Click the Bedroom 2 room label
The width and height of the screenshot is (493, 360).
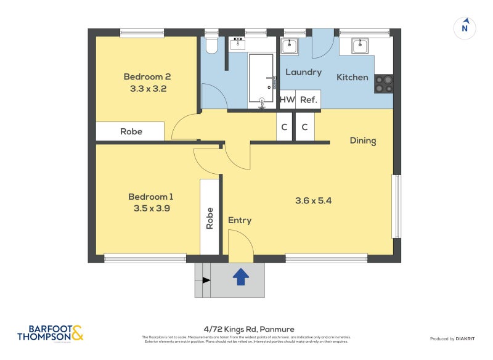147,77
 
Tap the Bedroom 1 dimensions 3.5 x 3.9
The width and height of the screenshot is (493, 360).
151,208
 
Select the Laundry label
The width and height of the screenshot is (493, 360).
303,72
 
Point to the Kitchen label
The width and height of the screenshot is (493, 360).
352,78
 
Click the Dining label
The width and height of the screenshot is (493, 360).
362,141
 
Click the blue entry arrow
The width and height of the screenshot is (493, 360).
240,277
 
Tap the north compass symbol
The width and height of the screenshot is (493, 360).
465,28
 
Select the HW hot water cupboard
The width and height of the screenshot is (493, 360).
287,100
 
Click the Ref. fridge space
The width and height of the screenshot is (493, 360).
308,100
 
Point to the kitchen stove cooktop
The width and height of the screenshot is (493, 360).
383,83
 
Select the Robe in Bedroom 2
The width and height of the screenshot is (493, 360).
131,131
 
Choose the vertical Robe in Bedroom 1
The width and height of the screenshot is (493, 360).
210,217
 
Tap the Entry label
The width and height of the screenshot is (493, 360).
240,220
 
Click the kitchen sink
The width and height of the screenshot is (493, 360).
360,44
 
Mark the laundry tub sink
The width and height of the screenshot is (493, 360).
289,46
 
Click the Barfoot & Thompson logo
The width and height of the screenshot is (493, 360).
50,333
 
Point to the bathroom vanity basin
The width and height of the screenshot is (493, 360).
238,43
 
